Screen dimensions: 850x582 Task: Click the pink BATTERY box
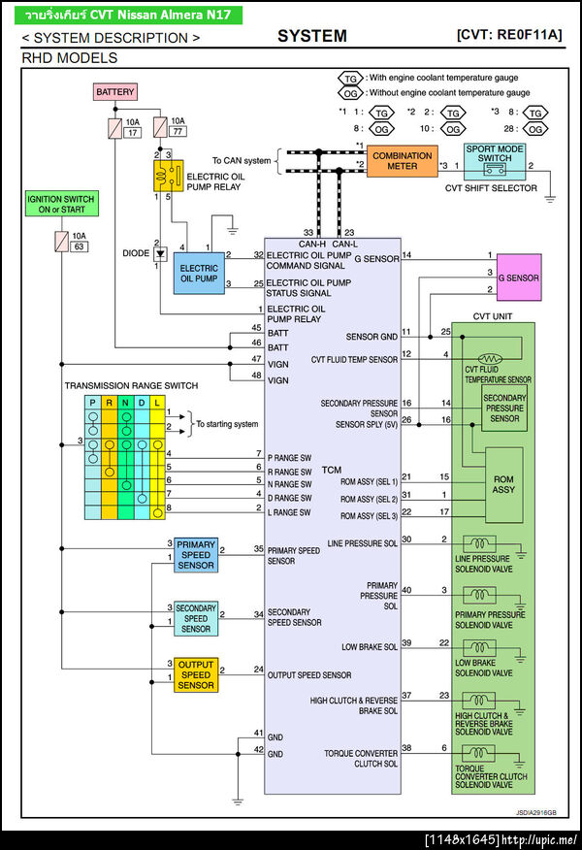click(x=115, y=92)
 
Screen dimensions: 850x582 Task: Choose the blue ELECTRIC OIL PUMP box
click(x=199, y=273)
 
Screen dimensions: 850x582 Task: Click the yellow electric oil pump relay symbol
click(x=169, y=176)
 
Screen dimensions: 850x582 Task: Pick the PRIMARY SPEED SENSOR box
click(x=196, y=554)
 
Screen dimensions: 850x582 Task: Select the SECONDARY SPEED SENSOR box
click(x=196, y=617)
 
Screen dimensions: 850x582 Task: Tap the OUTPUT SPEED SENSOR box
click(x=196, y=674)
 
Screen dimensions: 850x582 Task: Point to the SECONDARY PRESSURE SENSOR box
click(x=504, y=409)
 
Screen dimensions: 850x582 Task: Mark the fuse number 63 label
click(x=80, y=247)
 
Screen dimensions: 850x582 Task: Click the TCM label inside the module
click(x=332, y=470)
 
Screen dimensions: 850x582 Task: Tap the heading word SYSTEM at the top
click(x=311, y=36)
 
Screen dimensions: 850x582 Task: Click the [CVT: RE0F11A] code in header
click(x=508, y=35)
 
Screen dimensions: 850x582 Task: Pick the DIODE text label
click(x=137, y=253)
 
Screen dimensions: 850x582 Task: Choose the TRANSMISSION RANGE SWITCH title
click(x=131, y=385)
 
